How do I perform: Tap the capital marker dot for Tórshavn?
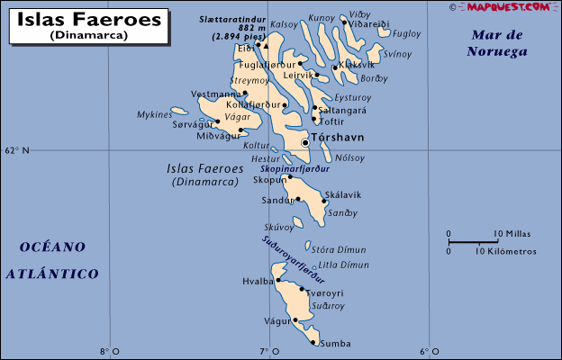305,142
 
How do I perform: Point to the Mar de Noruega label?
495,43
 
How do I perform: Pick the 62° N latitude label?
16,150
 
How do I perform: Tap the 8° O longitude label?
110,351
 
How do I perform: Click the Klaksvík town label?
356,65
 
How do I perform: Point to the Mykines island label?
154,115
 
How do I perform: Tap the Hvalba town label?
257,281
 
